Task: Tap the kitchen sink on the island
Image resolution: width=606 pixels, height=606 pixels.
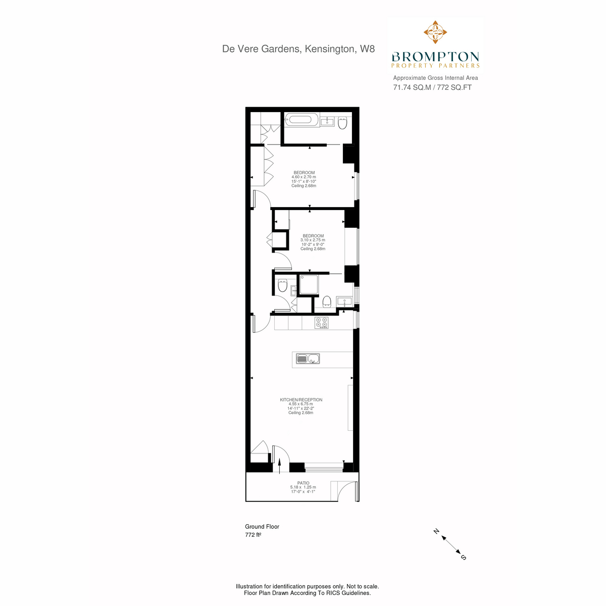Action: click(308, 359)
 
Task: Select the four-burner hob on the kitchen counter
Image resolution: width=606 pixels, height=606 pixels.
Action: click(321, 323)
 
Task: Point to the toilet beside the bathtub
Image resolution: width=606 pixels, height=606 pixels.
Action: click(342, 123)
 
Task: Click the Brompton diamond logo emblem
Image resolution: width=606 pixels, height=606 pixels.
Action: click(435, 32)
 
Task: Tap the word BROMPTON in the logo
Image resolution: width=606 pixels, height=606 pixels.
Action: click(435, 57)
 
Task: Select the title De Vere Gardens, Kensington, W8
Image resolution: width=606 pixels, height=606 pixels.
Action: click(298, 49)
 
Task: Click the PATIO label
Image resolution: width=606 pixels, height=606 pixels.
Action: click(303, 483)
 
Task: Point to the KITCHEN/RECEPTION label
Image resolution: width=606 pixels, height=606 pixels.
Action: click(301, 399)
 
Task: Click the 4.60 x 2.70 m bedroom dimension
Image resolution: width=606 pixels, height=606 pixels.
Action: click(304, 177)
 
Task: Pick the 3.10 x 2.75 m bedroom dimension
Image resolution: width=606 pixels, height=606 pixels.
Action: click(313, 240)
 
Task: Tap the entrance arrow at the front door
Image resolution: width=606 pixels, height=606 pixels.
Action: click(280, 466)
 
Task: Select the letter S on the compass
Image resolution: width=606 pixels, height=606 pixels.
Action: click(463, 557)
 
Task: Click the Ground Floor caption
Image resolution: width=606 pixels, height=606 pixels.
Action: click(262, 526)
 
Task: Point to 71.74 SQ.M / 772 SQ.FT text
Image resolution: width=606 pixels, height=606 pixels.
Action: click(432, 87)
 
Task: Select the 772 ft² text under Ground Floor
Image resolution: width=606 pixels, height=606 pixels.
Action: click(253, 535)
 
